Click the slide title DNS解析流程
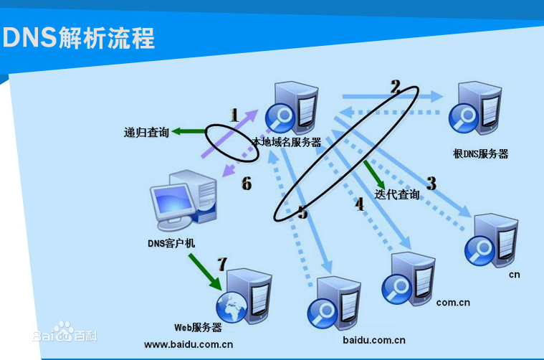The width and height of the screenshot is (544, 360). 79,38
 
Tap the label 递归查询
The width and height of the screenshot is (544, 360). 146,132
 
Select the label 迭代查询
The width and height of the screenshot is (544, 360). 397,194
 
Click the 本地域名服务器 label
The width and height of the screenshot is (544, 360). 287,142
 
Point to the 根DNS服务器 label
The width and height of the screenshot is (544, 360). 480,153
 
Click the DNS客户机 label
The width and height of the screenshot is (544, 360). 171,243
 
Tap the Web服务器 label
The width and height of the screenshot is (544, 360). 198,328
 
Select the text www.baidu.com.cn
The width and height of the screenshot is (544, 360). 189,344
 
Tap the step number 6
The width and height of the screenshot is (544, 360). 246,184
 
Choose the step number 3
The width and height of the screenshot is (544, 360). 431,183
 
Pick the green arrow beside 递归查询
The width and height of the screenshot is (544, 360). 188,131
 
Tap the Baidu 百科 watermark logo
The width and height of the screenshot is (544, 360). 65,335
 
